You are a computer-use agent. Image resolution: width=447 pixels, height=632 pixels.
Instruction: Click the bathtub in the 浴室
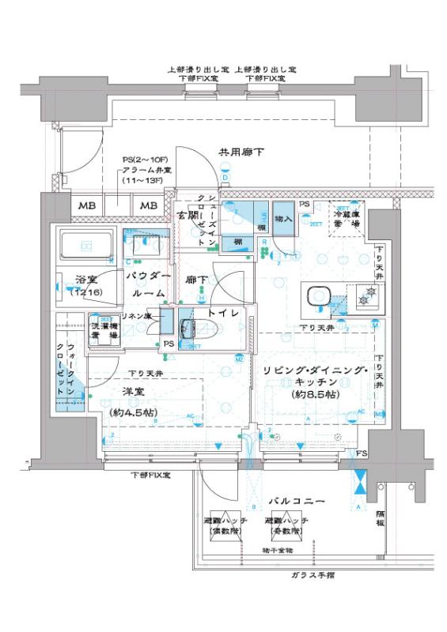[x=86, y=248]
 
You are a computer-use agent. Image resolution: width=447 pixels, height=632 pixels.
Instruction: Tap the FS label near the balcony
[x=361, y=453]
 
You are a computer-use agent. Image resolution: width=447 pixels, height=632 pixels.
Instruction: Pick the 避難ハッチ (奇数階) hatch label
[x=286, y=527]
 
